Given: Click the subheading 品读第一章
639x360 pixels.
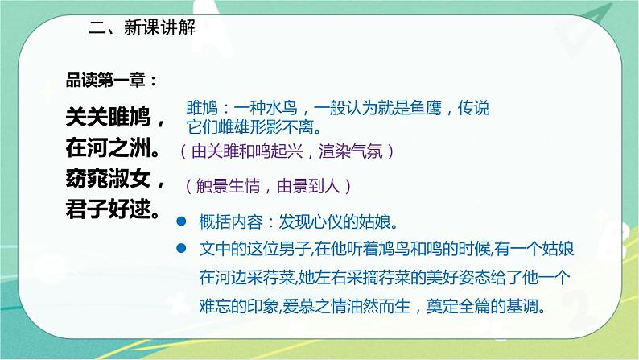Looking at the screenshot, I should point(105,81).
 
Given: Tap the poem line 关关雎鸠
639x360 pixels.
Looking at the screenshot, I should point(116,118).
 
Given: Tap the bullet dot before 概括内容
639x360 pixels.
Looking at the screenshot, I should point(182,221).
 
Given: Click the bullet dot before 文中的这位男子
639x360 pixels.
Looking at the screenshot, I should point(182,246).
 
